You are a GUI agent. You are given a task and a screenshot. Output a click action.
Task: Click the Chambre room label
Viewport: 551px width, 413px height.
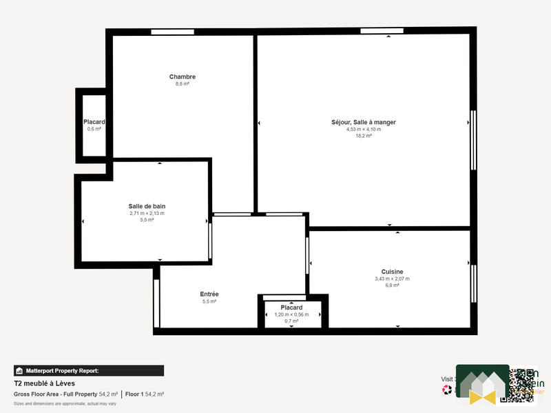183,77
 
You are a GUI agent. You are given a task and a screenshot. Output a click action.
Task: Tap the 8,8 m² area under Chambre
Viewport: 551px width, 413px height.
183,83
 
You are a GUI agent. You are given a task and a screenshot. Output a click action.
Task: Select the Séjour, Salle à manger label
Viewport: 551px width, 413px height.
364,122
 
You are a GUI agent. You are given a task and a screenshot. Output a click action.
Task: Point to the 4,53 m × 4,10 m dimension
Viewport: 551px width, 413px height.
364,129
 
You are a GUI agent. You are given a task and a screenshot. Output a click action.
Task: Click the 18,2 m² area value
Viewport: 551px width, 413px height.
364,136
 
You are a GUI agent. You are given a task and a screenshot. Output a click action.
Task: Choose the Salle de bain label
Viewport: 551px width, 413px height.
147,206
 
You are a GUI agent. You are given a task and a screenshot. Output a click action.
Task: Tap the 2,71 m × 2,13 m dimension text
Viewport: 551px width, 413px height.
147,213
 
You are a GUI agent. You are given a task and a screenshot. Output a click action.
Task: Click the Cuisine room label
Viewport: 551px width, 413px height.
392,272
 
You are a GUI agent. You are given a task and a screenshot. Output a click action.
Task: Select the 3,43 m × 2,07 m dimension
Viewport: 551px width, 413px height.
392,279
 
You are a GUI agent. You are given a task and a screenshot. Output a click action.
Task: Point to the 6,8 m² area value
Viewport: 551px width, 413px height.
392,285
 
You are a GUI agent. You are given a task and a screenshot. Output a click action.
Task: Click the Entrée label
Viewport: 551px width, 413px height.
209,294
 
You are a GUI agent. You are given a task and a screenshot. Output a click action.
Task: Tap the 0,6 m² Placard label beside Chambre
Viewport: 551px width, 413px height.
94,129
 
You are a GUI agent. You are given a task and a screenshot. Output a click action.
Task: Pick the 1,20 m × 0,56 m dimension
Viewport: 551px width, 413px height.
291,314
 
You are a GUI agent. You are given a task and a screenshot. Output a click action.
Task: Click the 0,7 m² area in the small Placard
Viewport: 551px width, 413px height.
291,321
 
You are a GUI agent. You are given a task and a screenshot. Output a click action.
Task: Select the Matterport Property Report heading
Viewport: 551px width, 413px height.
63,371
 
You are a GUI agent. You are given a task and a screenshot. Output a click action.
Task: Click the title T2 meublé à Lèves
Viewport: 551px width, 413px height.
44,383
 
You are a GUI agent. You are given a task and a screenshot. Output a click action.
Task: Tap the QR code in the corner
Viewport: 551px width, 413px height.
521,385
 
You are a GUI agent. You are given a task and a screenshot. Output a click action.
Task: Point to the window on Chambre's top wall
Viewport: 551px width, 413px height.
172,32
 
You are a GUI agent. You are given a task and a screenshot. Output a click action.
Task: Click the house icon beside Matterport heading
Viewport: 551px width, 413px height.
19,371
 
